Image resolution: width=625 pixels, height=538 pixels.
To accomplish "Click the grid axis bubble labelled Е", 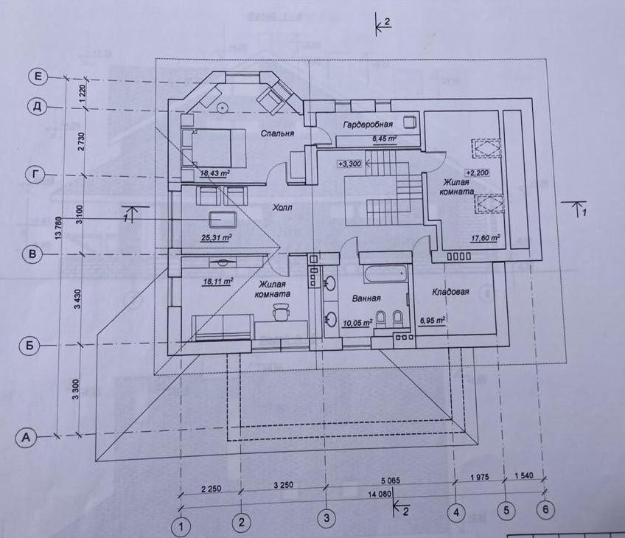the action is pyautogui.click(x=37, y=76).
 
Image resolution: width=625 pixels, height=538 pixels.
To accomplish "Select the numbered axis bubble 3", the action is pyautogui.click(x=327, y=518).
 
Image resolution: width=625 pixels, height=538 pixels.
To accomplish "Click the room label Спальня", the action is pyautogui.click(x=278, y=133).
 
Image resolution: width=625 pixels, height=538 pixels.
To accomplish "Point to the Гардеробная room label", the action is pyautogui.click(x=367, y=125).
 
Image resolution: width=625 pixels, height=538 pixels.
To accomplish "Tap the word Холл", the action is pyautogui.click(x=282, y=208).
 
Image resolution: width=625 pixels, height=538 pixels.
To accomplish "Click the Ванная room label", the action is pyautogui.click(x=366, y=298).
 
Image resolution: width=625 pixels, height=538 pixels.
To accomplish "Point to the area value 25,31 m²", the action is pyautogui.click(x=216, y=237).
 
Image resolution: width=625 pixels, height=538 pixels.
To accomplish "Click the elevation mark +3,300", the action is pyautogui.click(x=349, y=164).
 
